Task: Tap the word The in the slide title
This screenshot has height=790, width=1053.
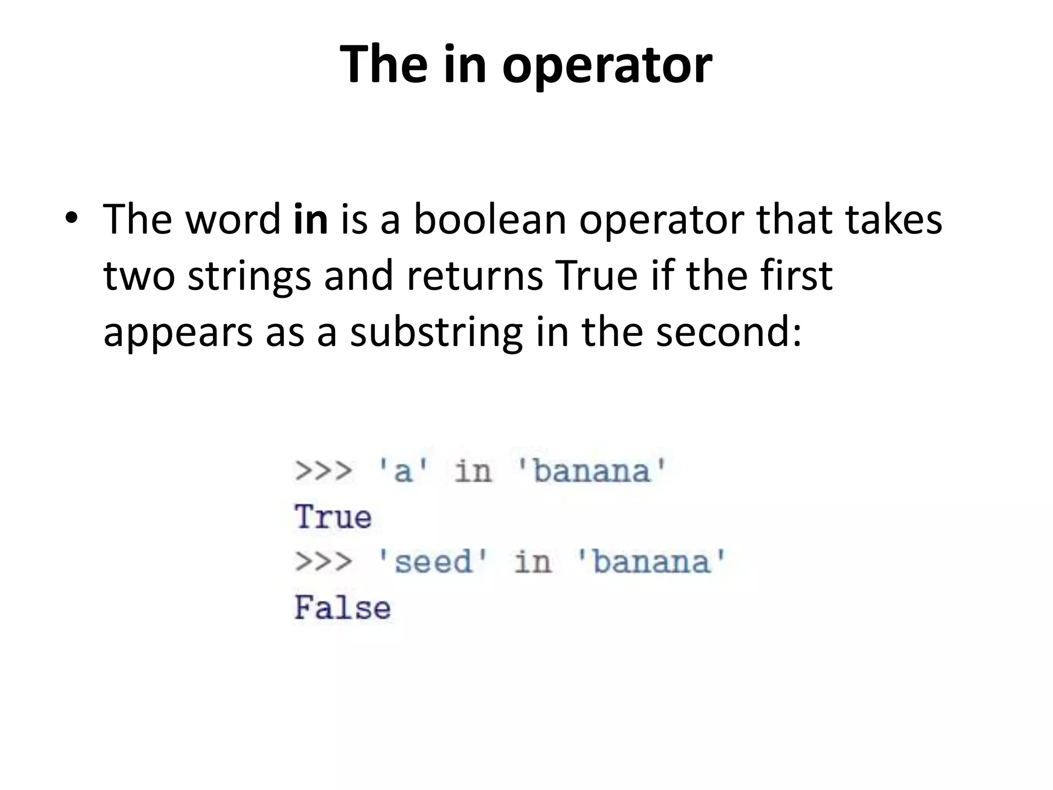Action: point(384,64)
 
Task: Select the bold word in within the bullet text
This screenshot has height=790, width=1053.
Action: point(311,219)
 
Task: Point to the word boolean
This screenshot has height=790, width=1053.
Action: point(490,219)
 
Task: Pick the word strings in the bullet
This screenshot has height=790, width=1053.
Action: point(249,277)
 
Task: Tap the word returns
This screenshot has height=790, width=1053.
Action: point(475,276)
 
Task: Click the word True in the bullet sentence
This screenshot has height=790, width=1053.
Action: point(596,276)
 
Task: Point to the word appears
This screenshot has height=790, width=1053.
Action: point(178,333)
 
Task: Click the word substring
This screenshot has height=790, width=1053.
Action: point(436,333)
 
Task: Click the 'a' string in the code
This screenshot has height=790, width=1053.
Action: point(403,471)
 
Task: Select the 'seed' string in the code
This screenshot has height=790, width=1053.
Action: point(432,562)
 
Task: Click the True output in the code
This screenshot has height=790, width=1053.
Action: point(333,517)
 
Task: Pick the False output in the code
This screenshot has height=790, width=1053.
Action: point(342,608)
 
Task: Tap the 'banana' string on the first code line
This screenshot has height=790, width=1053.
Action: point(591,471)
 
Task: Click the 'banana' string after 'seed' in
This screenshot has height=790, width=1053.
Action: point(651,562)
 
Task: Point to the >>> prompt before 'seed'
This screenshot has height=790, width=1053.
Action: point(323,562)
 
